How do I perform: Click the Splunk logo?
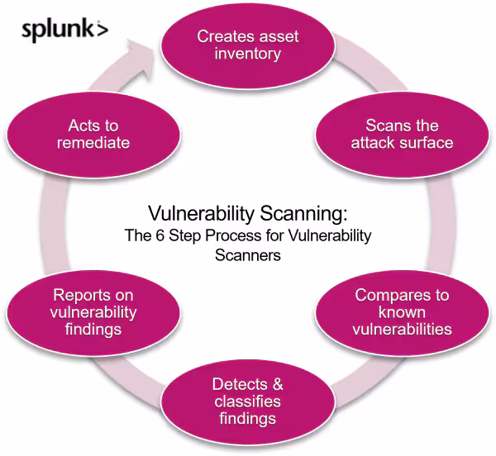tap(64, 31)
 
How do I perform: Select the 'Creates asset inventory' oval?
tap(248, 45)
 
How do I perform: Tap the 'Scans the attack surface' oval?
tap(402, 134)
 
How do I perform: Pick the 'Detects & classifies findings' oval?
tap(247, 401)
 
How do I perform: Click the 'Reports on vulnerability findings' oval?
tap(93, 311)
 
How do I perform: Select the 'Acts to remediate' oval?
tap(93, 134)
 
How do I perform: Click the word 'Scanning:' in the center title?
tap(308, 214)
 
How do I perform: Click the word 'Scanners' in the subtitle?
tap(248, 255)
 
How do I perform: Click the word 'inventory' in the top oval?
tap(248, 54)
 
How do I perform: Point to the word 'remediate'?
tap(93, 143)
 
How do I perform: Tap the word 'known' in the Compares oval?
tap(403, 312)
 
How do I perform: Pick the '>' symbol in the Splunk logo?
tap(102, 31)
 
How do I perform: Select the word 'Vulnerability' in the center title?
tap(198, 214)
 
